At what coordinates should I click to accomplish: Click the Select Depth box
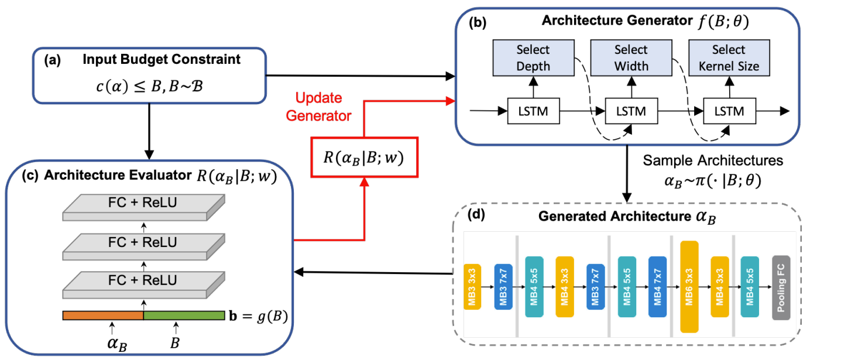pyautogui.click(x=533, y=58)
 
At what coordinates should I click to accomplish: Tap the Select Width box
pyautogui.click(x=631, y=58)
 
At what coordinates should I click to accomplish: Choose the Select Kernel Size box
pyautogui.click(x=729, y=58)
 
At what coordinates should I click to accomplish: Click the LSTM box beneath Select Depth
pyautogui.click(x=533, y=110)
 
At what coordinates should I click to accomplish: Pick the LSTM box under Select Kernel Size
pyautogui.click(x=729, y=110)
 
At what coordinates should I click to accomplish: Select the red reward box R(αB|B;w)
pyautogui.click(x=365, y=156)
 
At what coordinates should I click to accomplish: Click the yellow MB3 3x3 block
pyautogui.click(x=472, y=287)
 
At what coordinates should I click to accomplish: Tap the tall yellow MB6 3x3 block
pyautogui.click(x=689, y=287)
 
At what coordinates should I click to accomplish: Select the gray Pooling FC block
pyautogui.click(x=781, y=287)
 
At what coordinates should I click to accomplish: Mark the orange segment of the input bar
pyautogui.click(x=103, y=316)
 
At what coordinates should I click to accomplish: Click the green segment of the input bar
pyautogui.click(x=184, y=316)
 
